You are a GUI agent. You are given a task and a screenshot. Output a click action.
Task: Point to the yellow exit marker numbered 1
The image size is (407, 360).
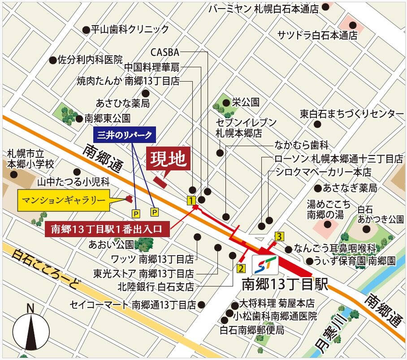191,200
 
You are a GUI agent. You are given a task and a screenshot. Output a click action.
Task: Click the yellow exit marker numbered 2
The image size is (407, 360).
241,269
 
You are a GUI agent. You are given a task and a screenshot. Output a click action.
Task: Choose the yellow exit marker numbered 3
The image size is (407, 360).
279,236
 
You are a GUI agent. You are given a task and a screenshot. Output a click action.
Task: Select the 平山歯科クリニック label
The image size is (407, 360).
130,30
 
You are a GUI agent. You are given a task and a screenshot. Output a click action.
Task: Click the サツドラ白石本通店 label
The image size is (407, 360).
317,35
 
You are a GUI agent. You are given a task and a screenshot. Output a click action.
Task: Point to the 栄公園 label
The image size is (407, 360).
245,102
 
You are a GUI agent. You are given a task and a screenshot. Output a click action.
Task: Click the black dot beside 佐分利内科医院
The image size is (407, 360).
53,59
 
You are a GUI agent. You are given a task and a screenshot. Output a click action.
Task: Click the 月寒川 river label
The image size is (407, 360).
331,334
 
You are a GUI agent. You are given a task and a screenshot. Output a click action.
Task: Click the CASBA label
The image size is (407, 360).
165,52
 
